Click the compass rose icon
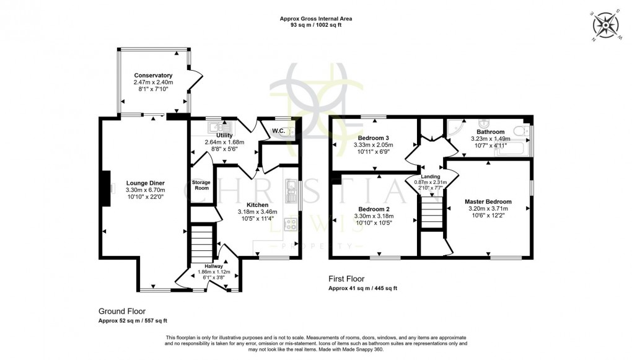(x=606, y=26)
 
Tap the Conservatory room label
(x=152, y=75)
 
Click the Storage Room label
(x=201, y=185)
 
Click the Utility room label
(x=224, y=135)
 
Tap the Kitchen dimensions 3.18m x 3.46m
(x=258, y=211)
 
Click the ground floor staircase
(x=201, y=244)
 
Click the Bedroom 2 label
(x=372, y=209)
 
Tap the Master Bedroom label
(x=488, y=202)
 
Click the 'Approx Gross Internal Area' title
(x=316, y=19)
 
